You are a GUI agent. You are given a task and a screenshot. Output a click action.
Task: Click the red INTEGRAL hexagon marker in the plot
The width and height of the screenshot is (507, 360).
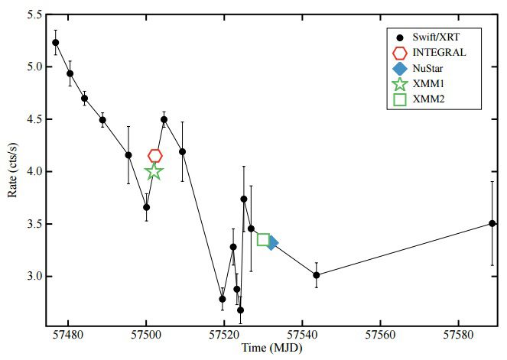(x=155, y=156)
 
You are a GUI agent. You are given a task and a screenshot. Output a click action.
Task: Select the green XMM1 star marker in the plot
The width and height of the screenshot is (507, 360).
(x=154, y=171)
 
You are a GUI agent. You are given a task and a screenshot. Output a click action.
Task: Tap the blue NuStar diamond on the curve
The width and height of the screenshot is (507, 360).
(x=271, y=242)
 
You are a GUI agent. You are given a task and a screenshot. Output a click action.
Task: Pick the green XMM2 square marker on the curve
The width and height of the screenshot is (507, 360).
(x=263, y=240)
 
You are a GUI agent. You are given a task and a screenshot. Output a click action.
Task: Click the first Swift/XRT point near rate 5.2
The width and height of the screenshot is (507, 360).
(x=56, y=42)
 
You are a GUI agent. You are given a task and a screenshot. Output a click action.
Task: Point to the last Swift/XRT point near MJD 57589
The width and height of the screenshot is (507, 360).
(x=492, y=223)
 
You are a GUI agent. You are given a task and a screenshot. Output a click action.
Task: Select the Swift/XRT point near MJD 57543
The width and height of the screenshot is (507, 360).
(x=316, y=275)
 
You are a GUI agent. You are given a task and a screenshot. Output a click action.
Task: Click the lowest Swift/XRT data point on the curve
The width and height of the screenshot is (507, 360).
(x=240, y=310)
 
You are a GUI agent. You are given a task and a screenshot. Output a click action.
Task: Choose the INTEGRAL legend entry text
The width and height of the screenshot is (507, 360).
(x=438, y=53)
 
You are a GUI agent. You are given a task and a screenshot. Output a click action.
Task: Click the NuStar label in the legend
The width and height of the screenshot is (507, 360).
(x=431, y=69)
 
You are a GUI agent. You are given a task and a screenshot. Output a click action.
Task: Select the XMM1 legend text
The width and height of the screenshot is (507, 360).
(x=430, y=85)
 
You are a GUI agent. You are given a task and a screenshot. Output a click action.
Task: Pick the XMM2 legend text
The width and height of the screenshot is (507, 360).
(x=430, y=100)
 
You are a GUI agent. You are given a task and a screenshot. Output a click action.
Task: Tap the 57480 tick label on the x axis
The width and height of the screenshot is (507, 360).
(x=69, y=335)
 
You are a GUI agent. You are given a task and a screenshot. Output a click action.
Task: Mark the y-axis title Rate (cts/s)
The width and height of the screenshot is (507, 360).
(x=11, y=171)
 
